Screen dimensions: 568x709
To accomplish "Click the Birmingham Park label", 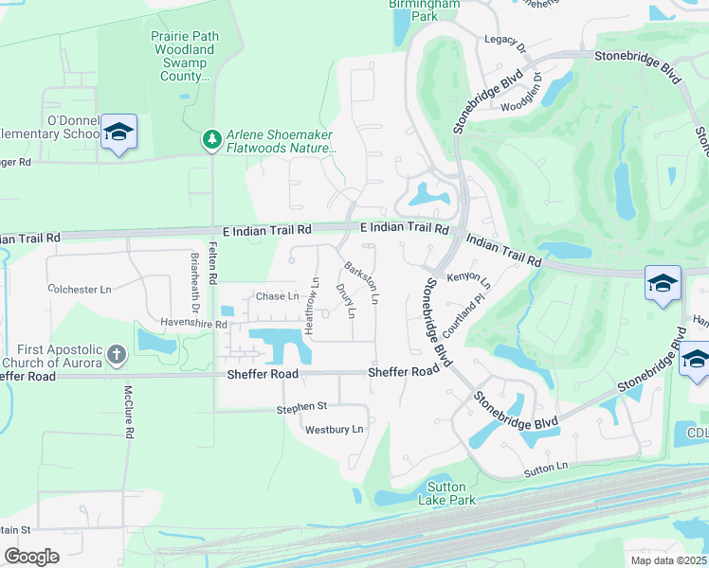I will pyautogui.click(x=425, y=9).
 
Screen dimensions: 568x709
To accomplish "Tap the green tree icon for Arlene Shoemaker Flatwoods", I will pyautogui.click(x=211, y=140).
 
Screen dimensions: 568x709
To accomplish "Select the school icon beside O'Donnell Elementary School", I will pyautogui.click(x=119, y=133).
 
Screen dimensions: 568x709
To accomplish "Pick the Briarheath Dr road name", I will pyautogui.click(x=194, y=280).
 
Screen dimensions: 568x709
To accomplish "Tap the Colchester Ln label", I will pyautogui.click(x=79, y=289).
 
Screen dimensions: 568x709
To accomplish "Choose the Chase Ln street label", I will pyautogui.click(x=278, y=296).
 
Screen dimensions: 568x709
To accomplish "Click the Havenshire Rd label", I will pyautogui.click(x=194, y=324).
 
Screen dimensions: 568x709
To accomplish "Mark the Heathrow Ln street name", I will pyautogui.click(x=311, y=303).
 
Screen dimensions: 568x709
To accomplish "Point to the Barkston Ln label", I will pyautogui.click(x=363, y=282).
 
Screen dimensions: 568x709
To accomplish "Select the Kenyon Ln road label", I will pyautogui.click(x=469, y=280).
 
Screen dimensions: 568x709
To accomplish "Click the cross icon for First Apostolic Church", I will pyautogui.click(x=117, y=356).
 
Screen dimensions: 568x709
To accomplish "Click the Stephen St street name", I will pyautogui.click(x=301, y=407).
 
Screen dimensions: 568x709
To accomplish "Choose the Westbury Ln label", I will pyautogui.click(x=334, y=429).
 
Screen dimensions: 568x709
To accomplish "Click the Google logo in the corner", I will pyautogui.click(x=32, y=556).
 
